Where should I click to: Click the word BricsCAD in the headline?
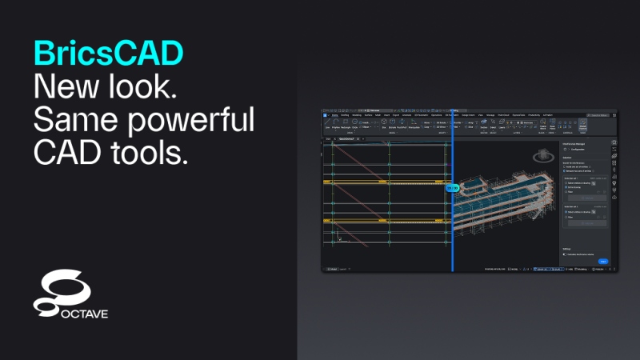tap(108, 53)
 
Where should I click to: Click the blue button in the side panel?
tap(603, 261)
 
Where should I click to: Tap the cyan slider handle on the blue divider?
tap(452, 188)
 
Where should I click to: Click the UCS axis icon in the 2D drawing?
tap(340, 238)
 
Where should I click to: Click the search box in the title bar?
tap(599, 115)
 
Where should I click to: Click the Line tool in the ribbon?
tap(327, 127)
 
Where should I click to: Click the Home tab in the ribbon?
tap(334, 115)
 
